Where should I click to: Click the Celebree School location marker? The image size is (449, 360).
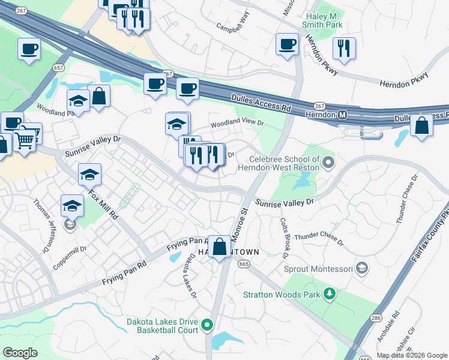pos(328,161)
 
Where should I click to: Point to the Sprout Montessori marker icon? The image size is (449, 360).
pos(361,267)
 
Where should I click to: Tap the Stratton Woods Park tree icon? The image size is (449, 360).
pos(329,293)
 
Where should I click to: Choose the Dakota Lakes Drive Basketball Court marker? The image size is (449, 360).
pos(207,325)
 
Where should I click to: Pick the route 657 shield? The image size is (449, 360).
pos(59,68)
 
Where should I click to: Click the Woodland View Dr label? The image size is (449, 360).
pos(237,122)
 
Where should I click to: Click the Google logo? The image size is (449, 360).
pos(20,352)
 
